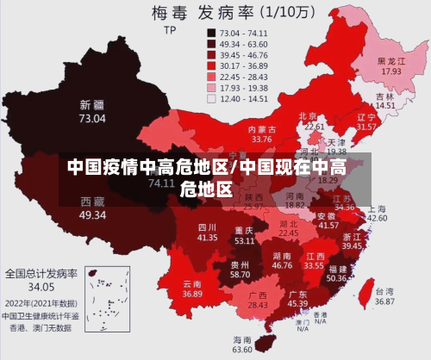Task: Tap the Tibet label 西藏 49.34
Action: (93, 208)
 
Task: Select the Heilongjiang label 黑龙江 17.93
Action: (391, 66)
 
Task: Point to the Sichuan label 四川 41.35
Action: (207, 231)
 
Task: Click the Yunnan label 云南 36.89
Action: (193, 289)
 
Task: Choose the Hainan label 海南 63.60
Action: (243, 344)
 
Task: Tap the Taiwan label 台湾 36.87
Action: (384, 296)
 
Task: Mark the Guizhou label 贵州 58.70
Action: (240, 269)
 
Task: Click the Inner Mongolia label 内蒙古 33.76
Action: (261, 133)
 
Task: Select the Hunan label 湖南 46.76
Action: (282, 261)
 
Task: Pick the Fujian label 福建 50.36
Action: (336, 273)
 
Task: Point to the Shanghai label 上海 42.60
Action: (377, 213)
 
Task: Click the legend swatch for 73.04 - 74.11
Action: (210, 32)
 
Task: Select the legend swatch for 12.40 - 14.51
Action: (210, 98)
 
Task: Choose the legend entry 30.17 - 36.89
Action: (237, 65)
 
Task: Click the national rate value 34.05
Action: (41, 286)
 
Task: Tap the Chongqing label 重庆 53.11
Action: (244, 235)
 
